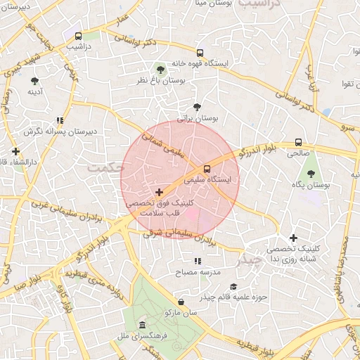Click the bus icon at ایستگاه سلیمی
[x=207, y=169]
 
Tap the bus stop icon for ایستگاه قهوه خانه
[x=200, y=53]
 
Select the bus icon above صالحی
[x=299, y=141]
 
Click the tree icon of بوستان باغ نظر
[x=160, y=69]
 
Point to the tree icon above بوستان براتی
[x=196, y=107]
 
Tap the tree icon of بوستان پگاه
[x=310, y=173]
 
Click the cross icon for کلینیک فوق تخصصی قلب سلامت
[x=159, y=191]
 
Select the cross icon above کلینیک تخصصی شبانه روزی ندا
[x=293, y=238]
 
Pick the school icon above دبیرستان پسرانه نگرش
[x=60, y=120]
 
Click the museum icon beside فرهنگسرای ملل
[x=143, y=326]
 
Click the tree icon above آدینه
[x=34, y=81]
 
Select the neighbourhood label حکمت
[x=105, y=168]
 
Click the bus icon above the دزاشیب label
[x=78, y=36]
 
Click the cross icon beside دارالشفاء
[x=15, y=151]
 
